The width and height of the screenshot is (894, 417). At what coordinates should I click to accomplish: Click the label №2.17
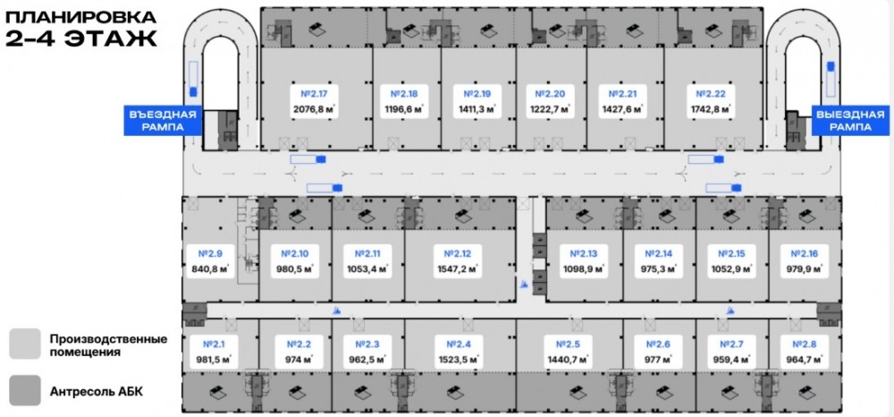pos(316,93)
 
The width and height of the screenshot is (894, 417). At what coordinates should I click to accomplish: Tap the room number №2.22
pos(713,93)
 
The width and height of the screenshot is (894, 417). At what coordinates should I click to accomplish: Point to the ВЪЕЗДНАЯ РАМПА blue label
pos(163,121)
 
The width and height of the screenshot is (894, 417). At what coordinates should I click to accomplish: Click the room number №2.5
pos(568,345)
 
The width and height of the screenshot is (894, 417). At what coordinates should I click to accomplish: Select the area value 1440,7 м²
pos(568,361)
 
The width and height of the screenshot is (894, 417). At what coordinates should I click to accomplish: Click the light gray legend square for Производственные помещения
pos(24,344)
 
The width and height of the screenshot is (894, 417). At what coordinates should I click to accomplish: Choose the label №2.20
pos(549,93)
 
